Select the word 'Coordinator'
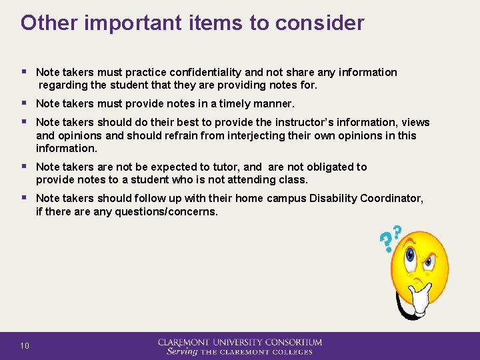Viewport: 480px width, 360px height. click(x=391, y=199)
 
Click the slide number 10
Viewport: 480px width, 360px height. click(x=25, y=345)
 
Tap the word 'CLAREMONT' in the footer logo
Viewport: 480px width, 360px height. click(x=187, y=342)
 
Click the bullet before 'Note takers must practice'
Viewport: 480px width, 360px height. click(x=25, y=72)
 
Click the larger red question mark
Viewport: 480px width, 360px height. click(x=385, y=243)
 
